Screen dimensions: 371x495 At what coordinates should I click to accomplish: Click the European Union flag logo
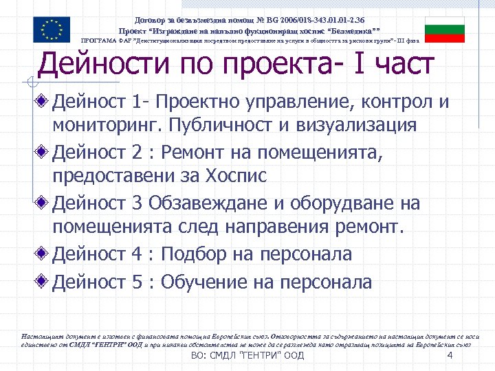tap(52, 29)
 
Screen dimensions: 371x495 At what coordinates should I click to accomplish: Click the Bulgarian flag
tap(444, 29)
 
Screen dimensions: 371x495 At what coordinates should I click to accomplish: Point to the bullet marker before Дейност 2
tap(44, 150)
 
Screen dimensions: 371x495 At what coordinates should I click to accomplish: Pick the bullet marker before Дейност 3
tap(44, 203)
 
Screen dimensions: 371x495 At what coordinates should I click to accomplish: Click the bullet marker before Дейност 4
tap(44, 254)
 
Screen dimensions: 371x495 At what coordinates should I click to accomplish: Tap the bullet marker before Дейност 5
tap(44, 282)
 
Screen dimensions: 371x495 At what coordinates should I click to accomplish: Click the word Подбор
tap(199, 254)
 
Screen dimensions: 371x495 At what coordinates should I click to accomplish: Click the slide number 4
tap(449, 356)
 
